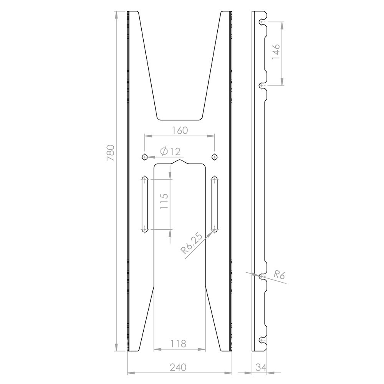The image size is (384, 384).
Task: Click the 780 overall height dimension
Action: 110,154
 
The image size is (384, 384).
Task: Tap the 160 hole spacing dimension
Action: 180,130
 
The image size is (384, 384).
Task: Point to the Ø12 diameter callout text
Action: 170,151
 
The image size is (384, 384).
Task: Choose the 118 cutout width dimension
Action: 179,343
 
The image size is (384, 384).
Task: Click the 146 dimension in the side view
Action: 276,53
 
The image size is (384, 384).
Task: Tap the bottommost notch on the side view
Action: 262,340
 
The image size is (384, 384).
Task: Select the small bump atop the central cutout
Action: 179,162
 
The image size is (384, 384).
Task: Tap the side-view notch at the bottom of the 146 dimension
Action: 262,85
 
